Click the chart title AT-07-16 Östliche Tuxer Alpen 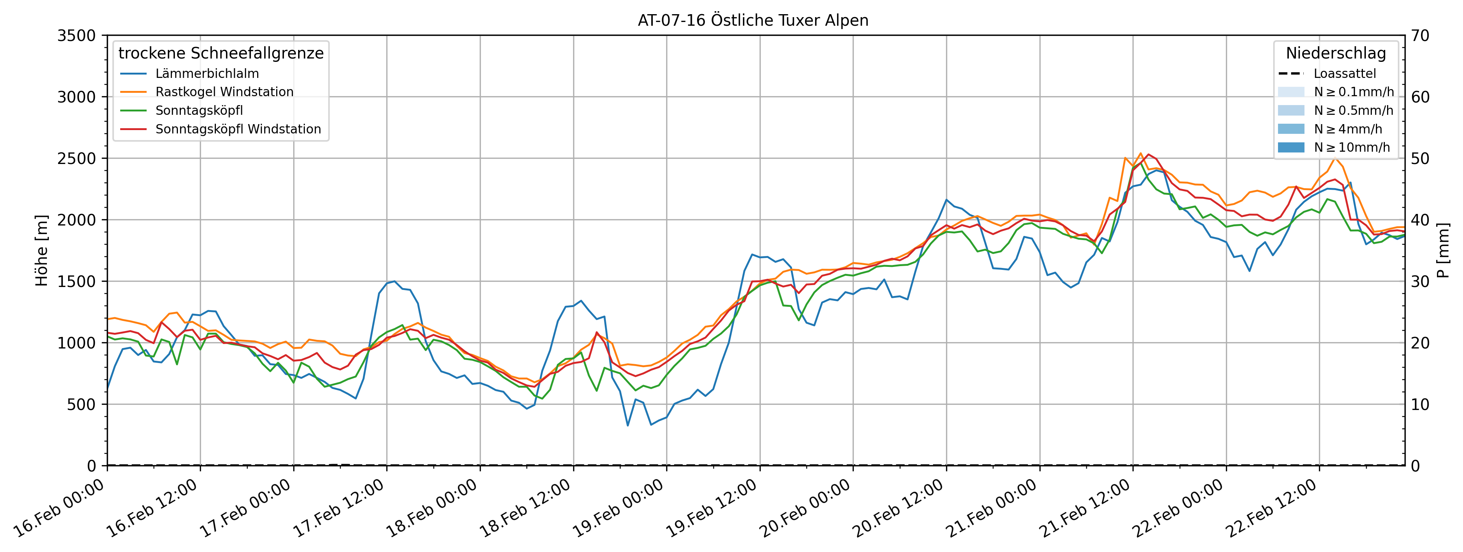click(753, 20)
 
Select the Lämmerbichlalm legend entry click(207, 74)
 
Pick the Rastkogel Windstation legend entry click(224, 92)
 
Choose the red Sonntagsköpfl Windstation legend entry click(238, 129)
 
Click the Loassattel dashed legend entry click(1344, 74)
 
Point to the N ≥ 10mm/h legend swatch click(1291, 147)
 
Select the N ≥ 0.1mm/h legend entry click(1353, 92)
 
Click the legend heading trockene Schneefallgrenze click(221, 53)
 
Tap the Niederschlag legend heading click(1336, 53)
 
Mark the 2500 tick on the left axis click(77, 159)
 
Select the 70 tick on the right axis click(1420, 36)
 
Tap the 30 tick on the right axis click(1420, 281)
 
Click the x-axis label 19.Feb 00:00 click(619, 509)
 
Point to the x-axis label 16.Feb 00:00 click(60, 509)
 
